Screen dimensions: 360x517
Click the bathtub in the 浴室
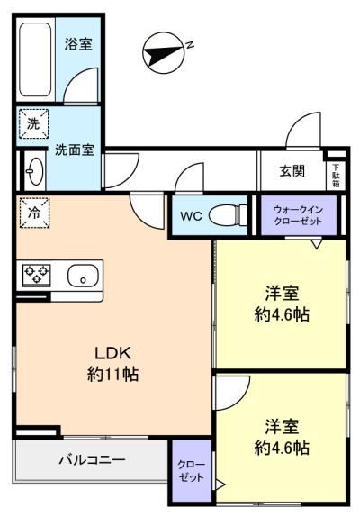[35, 59]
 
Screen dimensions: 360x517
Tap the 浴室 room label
[78, 44]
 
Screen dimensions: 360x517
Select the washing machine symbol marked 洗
[33, 124]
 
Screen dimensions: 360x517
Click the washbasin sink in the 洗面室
[34, 171]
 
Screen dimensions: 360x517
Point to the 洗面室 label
[75, 150]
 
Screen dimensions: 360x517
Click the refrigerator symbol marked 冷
[34, 213]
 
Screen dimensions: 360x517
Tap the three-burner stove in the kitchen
[37, 275]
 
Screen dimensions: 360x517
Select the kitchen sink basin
[83, 276]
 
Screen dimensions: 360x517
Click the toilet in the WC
[228, 216]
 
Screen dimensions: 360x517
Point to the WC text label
[191, 216]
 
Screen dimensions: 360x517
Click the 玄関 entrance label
[292, 171]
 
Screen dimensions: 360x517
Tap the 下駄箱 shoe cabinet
[336, 176]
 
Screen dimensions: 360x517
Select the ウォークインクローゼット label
[298, 215]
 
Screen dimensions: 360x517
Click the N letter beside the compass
[190, 45]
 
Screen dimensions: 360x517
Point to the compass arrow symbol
[163, 52]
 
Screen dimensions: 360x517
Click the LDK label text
[113, 353]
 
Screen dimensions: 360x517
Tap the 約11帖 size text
[113, 375]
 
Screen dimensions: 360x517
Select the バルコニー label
[93, 459]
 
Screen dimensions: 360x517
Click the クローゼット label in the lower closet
[191, 471]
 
